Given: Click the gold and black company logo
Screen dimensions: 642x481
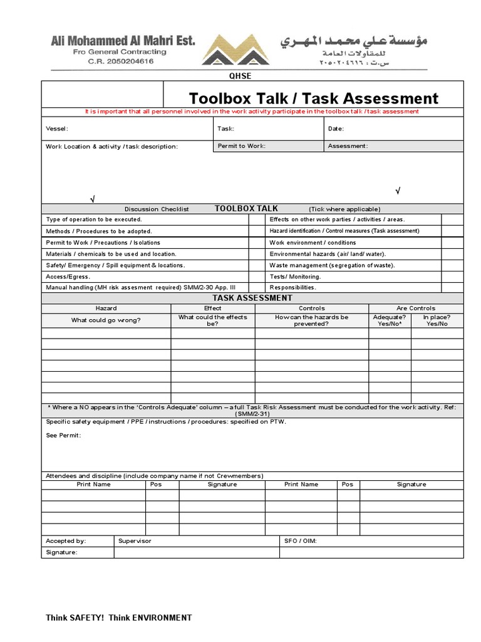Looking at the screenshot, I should pos(240,50).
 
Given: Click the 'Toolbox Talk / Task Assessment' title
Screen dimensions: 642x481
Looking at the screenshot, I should pos(314,98).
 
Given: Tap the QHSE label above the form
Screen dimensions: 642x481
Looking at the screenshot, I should pos(240,76).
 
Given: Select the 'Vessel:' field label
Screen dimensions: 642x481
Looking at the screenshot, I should pos(57,129).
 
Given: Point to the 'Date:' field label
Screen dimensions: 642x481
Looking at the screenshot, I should pos(336,129).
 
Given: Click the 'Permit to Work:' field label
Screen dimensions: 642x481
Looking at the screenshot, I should pos(242,146).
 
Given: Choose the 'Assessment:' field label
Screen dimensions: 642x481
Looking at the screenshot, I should pos(348,146).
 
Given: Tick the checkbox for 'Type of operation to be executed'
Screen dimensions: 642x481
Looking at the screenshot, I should pos(256,219).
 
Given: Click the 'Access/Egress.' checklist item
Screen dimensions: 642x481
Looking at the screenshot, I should pos(68,276).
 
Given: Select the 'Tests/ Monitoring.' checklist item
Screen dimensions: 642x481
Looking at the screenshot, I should pos(295,276).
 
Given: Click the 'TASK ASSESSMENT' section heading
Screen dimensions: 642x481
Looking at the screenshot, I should pos(252,298).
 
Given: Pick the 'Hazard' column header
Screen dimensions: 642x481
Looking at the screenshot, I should pos(106,308).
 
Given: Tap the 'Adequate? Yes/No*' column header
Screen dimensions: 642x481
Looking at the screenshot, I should pos(389,320).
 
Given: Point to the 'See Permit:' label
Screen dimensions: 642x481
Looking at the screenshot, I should pos(63,435).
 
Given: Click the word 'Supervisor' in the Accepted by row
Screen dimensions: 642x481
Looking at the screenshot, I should pos(135,540).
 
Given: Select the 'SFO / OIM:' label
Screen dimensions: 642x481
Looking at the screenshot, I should pos(300,540).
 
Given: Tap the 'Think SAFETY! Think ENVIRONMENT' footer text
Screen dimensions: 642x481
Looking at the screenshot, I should pos(119,618).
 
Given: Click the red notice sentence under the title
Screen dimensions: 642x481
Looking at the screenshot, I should pos(252,112).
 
